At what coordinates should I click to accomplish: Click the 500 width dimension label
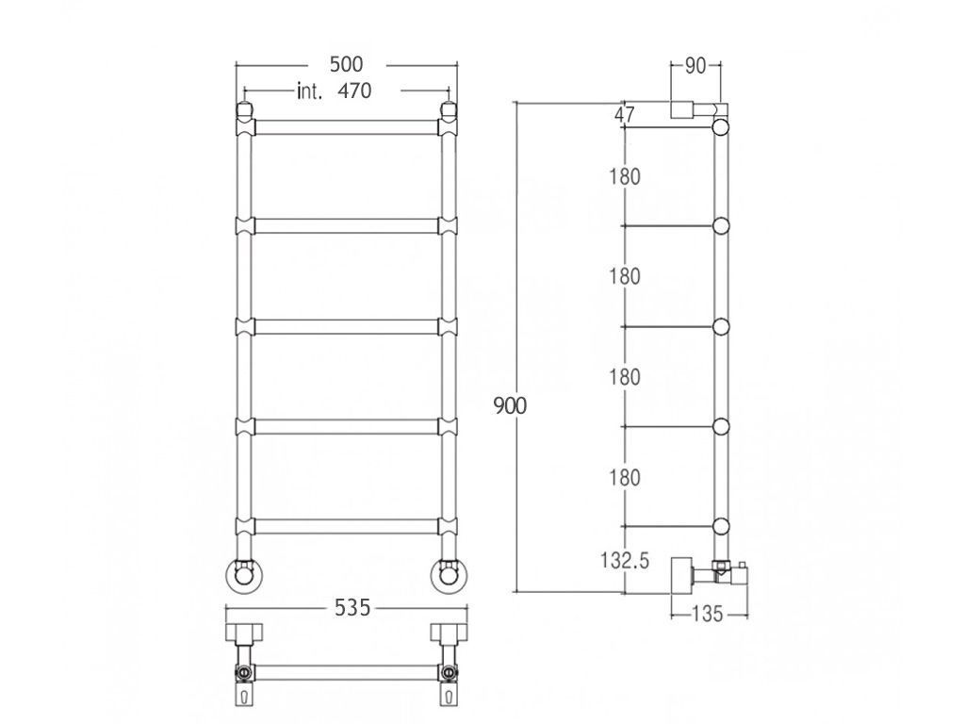[x=347, y=64]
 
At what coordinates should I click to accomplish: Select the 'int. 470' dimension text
[x=335, y=91]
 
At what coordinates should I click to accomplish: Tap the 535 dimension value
[x=352, y=608]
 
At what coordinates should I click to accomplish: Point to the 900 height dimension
[x=510, y=406]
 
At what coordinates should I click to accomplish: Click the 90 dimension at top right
[x=695, y=66]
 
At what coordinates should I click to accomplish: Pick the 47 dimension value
[x=624, y=114]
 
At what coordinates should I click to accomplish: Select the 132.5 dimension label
[x=625, y=561]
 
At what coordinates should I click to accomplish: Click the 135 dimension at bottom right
[x=707, y=614]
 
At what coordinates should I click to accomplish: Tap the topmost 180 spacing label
[x=625, y=176]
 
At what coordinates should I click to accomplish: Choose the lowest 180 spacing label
[x=625, y=478]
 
